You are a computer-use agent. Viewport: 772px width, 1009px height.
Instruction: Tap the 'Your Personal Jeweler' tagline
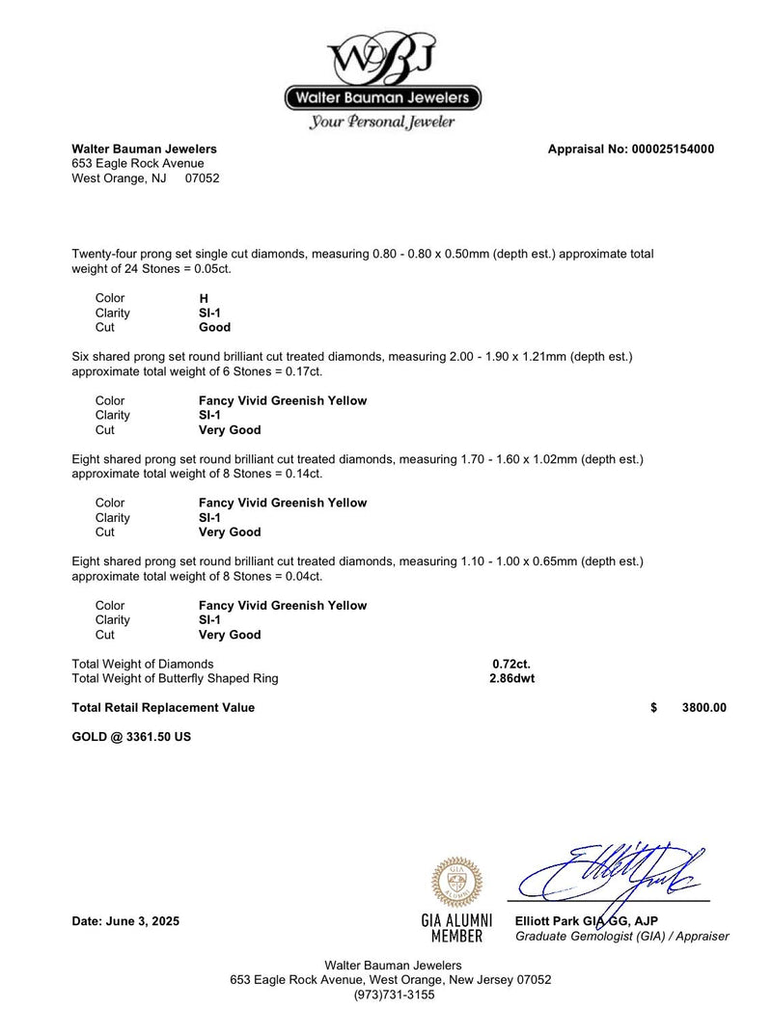click(x=382, y=123)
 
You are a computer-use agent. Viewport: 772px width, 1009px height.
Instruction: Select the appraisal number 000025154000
click(x=673, y=150)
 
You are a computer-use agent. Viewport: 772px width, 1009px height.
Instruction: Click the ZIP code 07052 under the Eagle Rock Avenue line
click(x=202, y=178)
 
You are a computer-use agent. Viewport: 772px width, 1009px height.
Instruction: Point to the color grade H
click(x=204, y=298)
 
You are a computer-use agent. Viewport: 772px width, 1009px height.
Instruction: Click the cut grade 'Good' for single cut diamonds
click(x=214, y=327)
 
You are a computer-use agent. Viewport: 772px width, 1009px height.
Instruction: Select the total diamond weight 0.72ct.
click(x=511, y=664)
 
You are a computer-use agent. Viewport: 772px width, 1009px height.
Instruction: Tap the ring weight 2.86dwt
click(x=512, y=678)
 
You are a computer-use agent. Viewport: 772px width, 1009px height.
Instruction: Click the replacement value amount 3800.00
click(x=703, y=707)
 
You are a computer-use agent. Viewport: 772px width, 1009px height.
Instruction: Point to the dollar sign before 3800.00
click(x=654, y=707)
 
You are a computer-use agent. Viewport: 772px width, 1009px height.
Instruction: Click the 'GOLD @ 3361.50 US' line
click(x=131, y=737)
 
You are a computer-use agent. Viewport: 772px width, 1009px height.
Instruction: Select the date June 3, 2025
click(x=125, y=921)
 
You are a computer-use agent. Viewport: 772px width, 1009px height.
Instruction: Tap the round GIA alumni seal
click(x=457, y=882)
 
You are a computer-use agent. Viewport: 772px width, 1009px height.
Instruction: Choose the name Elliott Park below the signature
click(x=547, y=921)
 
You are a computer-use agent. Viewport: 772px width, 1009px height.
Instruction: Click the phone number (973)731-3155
click(x=394, y=995)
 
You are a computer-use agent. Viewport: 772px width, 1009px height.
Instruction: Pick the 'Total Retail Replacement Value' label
click(x=164, y=707)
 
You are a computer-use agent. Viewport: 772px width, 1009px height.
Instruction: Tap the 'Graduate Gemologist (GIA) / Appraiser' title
click(x=622, y=936)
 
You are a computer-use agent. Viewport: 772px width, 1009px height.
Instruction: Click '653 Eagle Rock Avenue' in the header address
click(x=138, y=164)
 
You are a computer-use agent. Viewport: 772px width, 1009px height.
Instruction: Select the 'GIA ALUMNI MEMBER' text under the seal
click(x=457, y=928)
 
